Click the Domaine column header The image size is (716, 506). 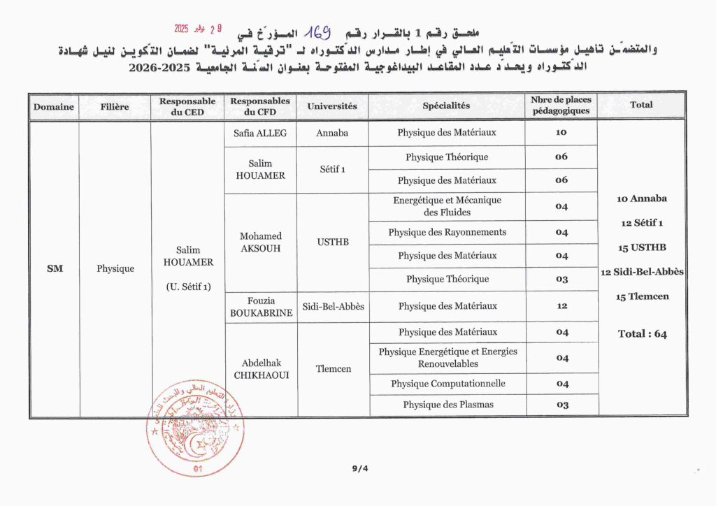coord(54,107)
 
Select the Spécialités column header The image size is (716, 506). coord(446,106)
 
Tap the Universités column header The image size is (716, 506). coord(332,106)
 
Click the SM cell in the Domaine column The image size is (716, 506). coord(55,268)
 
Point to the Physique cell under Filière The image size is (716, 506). coord(115,268)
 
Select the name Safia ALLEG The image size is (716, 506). coord(260,133)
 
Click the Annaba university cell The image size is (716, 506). coord(332,133)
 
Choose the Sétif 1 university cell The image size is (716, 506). coord(332,169)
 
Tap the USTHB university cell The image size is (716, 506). coord(332,242)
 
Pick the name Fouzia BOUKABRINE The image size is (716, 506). coord(260,307)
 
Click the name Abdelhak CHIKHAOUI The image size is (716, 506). coord(260,369)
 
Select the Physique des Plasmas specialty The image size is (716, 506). coord(447,405)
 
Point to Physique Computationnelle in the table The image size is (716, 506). coord(447,384)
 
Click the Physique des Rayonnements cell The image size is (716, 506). coord(447,232)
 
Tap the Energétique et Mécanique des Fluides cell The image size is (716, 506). coord(447,206)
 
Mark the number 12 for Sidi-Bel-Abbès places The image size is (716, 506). coord(561,306)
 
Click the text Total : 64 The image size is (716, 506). coord(642,334)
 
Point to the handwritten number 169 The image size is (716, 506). coord(316,31)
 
